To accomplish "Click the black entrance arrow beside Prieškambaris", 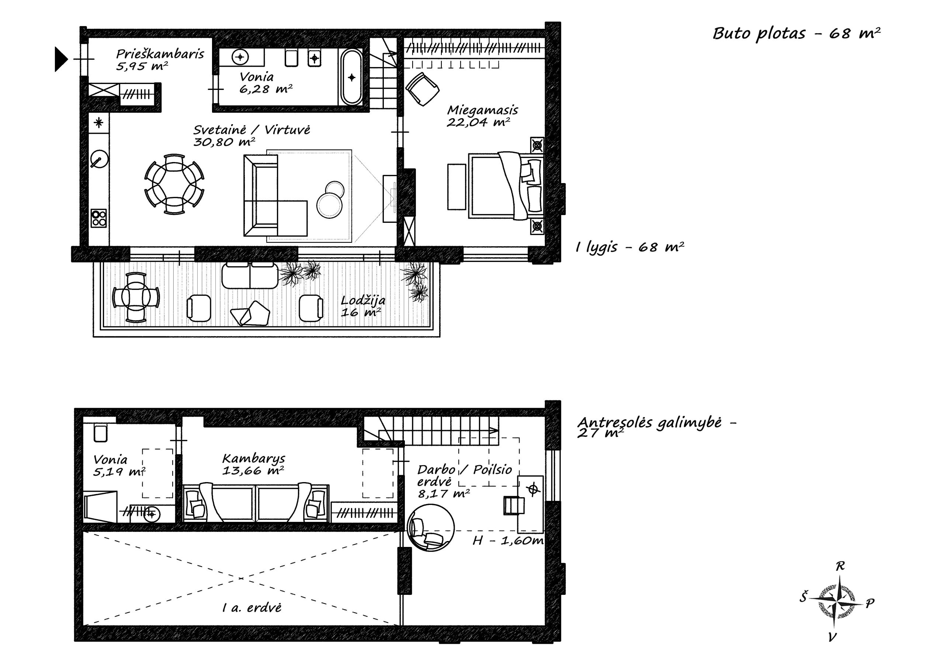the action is [x=61, y=59].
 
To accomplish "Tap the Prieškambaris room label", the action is [x=160, y=54].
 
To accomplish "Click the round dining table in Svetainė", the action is [x=174, y=184].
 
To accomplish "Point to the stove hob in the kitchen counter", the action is [x=99, y=218].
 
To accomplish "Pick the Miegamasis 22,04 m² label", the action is [x=482, y=116].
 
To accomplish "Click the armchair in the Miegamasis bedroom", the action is [x=422, y=89].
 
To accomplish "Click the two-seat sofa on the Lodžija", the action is [x=250, y=275].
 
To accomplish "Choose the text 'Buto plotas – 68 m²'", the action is [x=796, y=33].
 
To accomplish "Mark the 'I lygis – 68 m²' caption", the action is [x=629, y=247].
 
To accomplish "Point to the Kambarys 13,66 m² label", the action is [x=253, y=464].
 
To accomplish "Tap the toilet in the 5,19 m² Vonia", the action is [x=100, y=433].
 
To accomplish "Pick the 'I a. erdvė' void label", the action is [x=251, y=607].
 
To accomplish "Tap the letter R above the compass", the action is [x=840, y=566].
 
